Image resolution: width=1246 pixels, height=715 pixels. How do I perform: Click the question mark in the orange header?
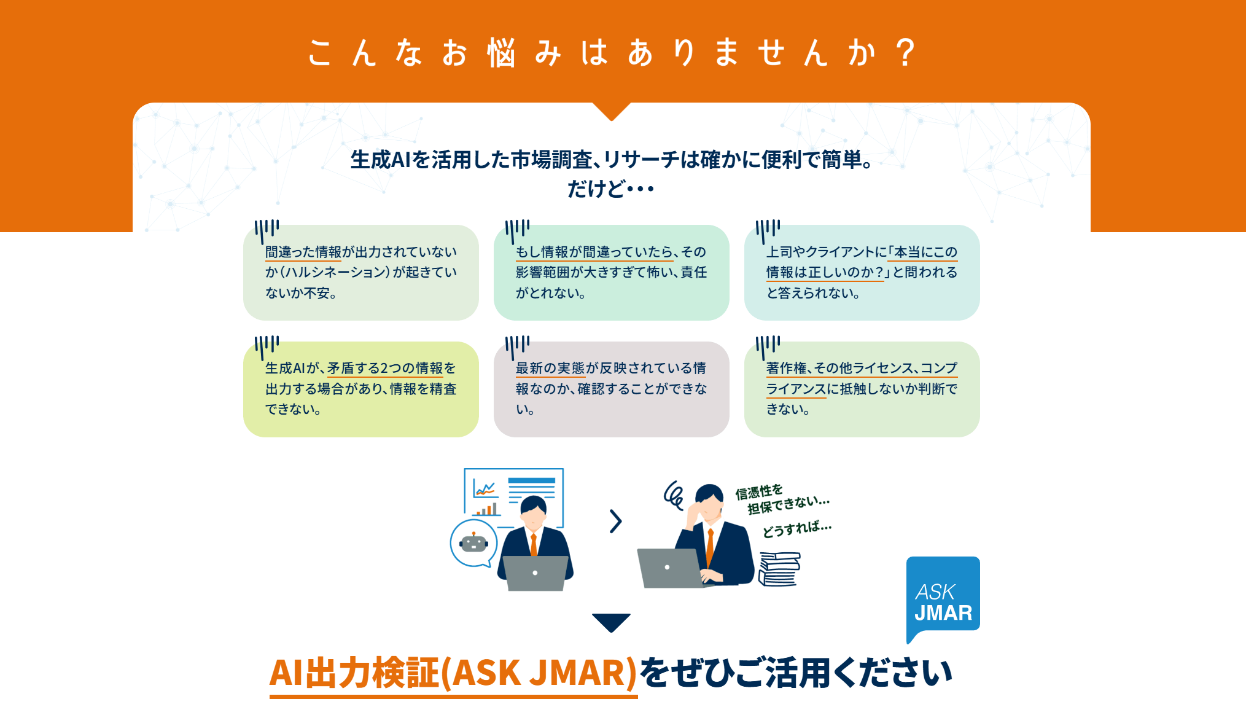pos(905,52)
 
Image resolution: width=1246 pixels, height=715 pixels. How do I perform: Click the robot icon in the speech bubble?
pos(473,542)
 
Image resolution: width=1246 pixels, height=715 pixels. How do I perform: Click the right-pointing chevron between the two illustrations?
pos(615,522)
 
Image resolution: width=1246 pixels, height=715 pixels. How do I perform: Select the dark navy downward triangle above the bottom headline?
pos(611,622)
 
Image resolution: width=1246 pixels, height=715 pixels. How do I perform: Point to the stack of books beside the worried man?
pos(779,569)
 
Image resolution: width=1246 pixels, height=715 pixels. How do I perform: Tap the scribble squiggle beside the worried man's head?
pos(674,495)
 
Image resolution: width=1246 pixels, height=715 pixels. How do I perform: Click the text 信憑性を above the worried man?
pos(759,491)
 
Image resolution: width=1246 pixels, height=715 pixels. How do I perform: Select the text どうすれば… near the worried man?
pos(796,529)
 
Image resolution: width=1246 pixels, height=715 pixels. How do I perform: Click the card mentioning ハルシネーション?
pos(361,273)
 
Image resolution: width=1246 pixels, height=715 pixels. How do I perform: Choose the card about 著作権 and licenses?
pos(862,389)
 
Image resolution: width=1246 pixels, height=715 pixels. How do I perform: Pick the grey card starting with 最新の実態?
pos(611,389)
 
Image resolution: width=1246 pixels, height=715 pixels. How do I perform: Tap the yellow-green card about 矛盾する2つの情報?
pos(361,389)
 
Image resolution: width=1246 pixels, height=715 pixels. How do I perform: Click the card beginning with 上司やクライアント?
pos(862,273)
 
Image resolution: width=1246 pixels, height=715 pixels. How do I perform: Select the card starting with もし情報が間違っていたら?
pos(611,273)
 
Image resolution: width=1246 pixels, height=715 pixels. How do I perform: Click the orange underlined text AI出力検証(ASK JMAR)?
pos(453,673)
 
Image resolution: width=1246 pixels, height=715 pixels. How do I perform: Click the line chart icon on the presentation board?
pos(485,490)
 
